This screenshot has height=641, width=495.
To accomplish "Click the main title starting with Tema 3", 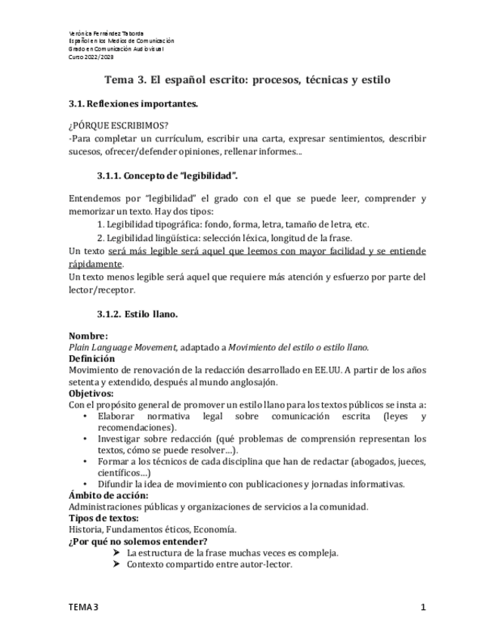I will [x=247, y=79].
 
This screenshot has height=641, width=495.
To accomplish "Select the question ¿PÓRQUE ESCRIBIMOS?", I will [x=119, y=125].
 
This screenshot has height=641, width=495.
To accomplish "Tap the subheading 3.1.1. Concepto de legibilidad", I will [x=167, y=176].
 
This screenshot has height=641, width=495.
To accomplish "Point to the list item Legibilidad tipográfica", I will [x=233, y=225].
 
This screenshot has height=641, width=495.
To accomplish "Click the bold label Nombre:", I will [x=88, y=336].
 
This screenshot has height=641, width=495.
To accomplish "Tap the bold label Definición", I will [x=91, y=358].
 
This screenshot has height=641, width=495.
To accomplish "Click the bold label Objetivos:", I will [x=91, y=393].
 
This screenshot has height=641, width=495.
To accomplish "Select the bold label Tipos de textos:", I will [x=104, y=518].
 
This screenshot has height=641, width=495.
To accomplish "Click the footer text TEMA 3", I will [x=83, y=607].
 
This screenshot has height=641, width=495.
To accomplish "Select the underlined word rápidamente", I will [x=95, y=265].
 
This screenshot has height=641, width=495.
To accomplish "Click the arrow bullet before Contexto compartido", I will [x=116, y=564].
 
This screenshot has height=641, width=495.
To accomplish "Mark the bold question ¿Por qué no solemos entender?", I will [x=138, y=541].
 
